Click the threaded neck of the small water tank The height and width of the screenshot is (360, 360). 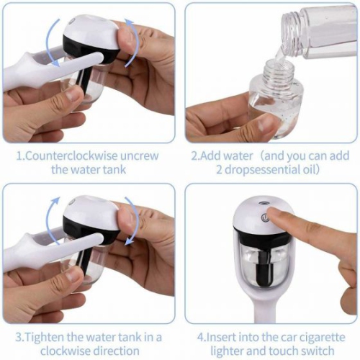click(274, 72)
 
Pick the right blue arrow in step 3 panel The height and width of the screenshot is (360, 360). click(131, 223)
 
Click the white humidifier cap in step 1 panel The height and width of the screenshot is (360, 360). click(90, 32)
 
